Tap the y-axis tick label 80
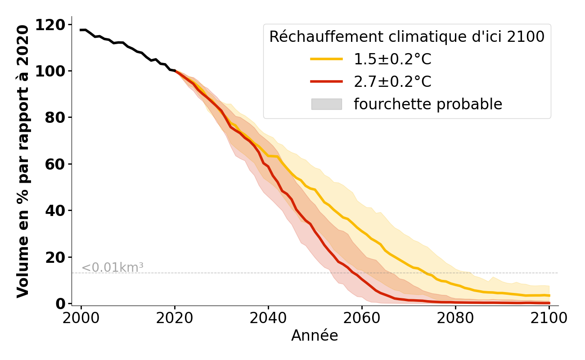(56, 118)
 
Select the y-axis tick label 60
(56, 164)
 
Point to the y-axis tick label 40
(56, 211)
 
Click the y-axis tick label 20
(56, 257)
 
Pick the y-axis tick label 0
(61, 304)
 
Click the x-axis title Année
(315, 336)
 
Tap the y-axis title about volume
(23, 162)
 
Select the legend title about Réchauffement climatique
(407, 37)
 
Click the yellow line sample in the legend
(327, 59)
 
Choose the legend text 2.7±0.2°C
(392, 82)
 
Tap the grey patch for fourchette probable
(327, 104)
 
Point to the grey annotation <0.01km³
(112, 267)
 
